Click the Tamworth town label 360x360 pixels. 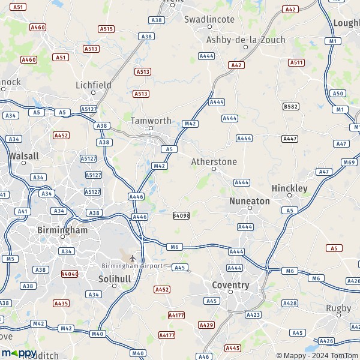point(151,120)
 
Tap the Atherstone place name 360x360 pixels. point(214,162)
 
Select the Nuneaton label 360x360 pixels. point(250,201)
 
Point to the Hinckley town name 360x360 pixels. point(289,188)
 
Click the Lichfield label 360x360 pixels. point(94,85)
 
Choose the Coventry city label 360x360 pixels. point(230,285)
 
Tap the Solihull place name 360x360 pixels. point(114,279)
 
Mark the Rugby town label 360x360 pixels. point(338,308)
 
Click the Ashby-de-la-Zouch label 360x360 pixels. point(245,40)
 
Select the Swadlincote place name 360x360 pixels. point(209,19)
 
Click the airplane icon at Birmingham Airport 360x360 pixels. point(133,259)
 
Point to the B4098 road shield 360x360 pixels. point(181,215)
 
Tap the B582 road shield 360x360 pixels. point(291,106)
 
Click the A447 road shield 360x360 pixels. point(290,139)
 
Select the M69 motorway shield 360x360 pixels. point(349,162)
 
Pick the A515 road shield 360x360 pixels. point(106,29)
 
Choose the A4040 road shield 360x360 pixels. point(70,274)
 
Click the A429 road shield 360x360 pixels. point(206,325)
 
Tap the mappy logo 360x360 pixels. point(19,353)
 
